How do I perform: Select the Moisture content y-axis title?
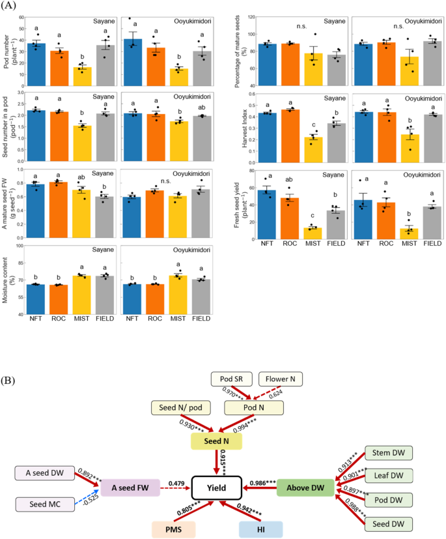tap(8, 280)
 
